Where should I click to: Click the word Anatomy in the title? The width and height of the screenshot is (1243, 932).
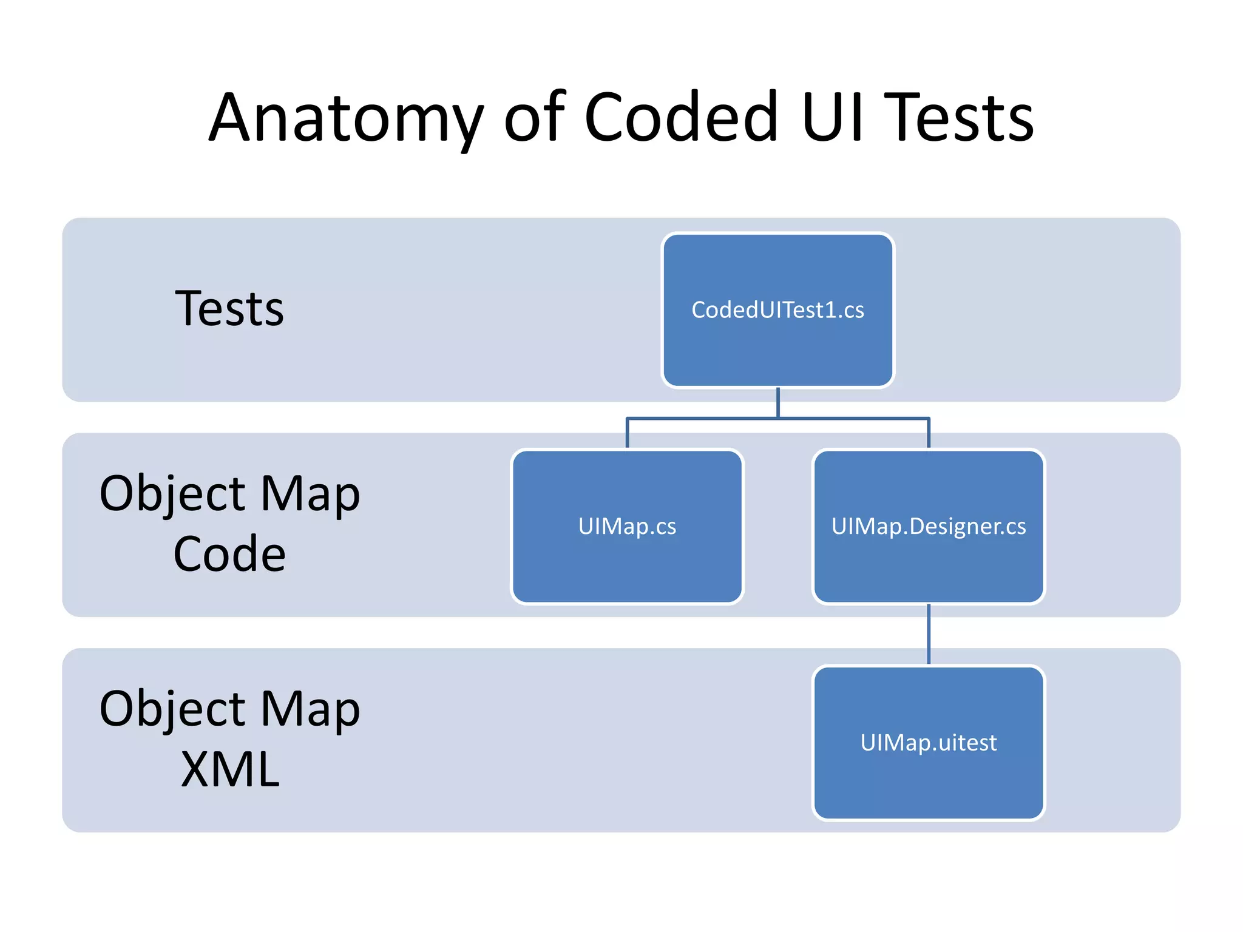coord(346,118)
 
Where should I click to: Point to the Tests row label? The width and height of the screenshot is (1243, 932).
coord(229,309)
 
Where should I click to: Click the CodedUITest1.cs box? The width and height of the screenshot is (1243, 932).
coord(777,310)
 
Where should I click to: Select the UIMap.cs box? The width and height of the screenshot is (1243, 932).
coord(627,526)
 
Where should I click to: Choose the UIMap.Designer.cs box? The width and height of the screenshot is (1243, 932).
coord(928,526)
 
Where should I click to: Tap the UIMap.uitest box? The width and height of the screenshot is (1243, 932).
coord(928,743)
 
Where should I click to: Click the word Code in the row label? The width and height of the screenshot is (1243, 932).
coord(229,554)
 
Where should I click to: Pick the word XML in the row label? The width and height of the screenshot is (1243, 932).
coord(230,769)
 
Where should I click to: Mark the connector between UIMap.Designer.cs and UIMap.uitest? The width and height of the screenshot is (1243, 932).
coord(929,634)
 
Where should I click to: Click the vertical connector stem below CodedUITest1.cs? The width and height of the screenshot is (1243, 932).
coord(777,402)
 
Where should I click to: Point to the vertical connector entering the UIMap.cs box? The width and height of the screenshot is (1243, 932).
coord(627,433)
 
